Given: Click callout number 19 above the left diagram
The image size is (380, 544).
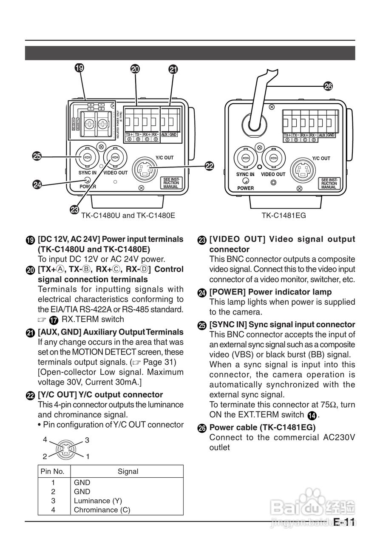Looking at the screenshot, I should (x=79, y=68).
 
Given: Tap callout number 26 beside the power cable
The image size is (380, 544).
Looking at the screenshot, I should (x=328, y=86).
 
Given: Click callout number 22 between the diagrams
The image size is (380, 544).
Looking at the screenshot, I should (x=209, y=166).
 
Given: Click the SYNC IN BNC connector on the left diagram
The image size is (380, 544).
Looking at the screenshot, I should (x=87, y=157).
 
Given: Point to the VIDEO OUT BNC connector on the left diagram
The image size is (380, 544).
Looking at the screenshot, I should (x=115, y=157).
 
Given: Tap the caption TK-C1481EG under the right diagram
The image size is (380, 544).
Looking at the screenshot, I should (x=284, y=215).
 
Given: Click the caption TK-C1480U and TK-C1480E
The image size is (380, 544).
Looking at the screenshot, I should (x=128, y=215).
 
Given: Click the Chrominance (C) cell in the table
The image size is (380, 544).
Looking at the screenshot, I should (x=102, y=510).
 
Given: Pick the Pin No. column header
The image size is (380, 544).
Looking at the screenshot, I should (x=52, y=471).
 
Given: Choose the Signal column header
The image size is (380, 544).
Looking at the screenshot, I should (x=128, y=471).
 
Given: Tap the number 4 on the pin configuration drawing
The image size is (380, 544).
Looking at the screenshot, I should (x=45, y=440).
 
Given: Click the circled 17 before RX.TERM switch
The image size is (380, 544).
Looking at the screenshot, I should (x=54, y=320).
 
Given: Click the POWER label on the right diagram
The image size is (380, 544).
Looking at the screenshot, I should (x=245, y=188).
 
